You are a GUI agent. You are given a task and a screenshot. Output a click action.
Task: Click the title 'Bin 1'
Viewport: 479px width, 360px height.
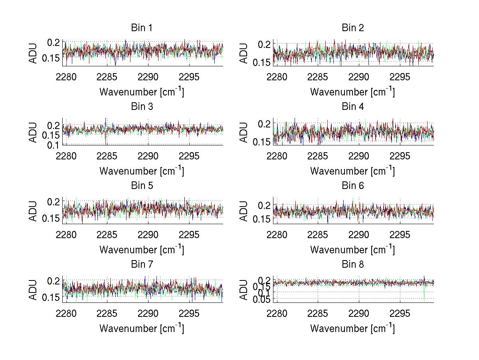[142, 28]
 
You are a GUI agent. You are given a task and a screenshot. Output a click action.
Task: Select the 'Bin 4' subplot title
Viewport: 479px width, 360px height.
[353, 107]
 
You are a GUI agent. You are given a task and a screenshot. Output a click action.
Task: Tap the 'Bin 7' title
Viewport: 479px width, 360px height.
[142, 265]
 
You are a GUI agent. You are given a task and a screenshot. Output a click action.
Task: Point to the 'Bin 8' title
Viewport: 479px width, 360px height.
[353, 265]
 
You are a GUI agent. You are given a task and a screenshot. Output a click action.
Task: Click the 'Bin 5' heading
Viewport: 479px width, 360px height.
[142, 186]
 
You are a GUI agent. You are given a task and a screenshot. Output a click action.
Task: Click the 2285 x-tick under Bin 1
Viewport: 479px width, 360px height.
[107, 77]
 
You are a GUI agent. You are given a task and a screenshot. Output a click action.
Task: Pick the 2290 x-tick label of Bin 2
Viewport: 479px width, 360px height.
[359, 77]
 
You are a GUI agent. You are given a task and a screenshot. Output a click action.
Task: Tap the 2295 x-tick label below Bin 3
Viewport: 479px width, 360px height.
[190, 156]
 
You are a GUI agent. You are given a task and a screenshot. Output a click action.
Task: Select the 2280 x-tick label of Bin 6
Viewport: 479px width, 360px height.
[277, 235]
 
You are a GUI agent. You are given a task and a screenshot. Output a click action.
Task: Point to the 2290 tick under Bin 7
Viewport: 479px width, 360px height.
[148, 313]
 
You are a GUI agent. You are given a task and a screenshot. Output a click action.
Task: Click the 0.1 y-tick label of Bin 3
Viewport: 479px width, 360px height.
[53, 145]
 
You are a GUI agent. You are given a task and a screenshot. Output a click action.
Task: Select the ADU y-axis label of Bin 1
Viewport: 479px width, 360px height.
[33, 53]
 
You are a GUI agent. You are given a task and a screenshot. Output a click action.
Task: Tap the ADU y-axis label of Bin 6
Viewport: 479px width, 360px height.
[244, 211]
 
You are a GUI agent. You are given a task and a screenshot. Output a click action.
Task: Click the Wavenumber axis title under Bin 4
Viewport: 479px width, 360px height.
[352, 171]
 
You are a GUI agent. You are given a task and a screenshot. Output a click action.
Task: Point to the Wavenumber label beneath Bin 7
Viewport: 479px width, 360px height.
[142, 328]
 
